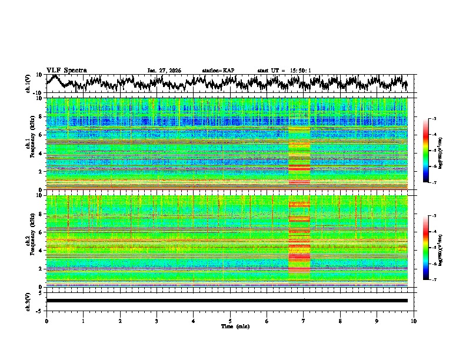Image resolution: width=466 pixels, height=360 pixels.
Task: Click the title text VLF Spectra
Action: coord(66,70)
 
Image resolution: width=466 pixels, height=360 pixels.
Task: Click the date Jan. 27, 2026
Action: coord(164,71)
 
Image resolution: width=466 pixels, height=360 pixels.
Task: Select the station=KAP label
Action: coord(218,71)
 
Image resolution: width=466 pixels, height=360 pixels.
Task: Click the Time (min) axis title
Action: coord(230,326)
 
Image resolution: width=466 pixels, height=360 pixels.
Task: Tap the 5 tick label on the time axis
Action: coord(230,321)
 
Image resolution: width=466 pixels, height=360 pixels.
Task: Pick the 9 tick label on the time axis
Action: coord(377,321)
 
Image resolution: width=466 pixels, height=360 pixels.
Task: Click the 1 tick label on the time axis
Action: coord(83,321)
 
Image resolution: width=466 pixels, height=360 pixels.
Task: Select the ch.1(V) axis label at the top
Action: coord(28,84)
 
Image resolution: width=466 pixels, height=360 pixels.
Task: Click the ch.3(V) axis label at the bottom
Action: coord(28,301)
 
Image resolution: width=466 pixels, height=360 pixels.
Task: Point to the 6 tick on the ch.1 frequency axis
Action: coord(43,135)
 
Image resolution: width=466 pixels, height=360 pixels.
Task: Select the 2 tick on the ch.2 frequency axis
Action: coord(43,269)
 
